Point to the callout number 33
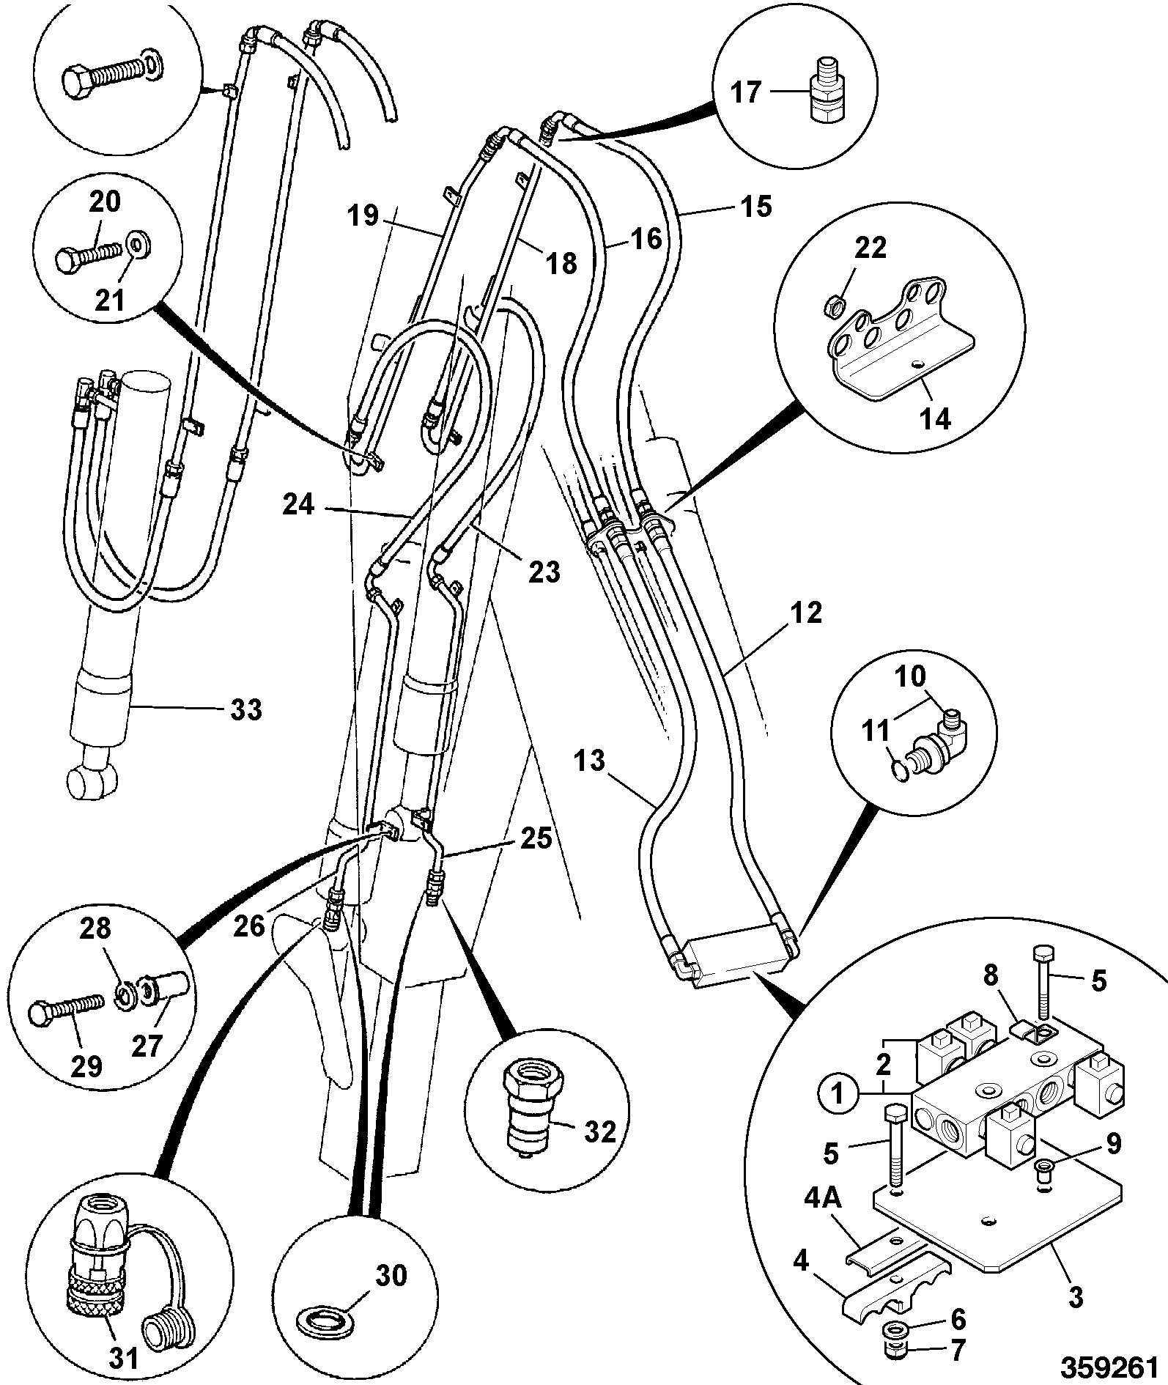click(x=245, y=709)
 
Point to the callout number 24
click(x=299, y=505)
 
